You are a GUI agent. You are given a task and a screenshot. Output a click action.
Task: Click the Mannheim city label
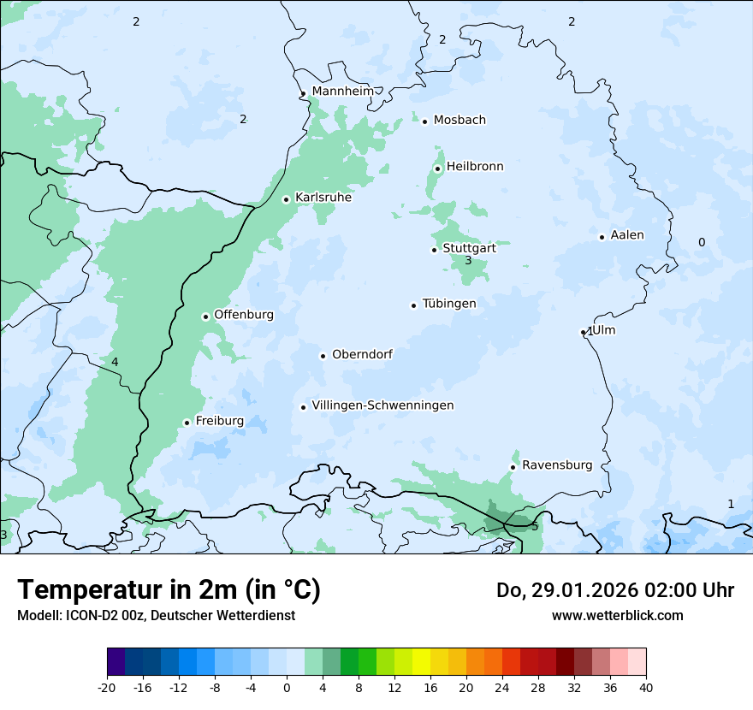pos(342,91)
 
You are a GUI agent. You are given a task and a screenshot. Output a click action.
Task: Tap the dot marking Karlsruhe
pos(287,199)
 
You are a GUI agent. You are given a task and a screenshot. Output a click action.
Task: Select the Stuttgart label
pos(469,248)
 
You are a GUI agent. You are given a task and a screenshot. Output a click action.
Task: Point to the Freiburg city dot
pos(187,423)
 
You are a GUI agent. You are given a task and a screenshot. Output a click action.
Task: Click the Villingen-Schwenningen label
pos(382,405)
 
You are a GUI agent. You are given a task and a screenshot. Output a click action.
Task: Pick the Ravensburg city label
pos(557,465)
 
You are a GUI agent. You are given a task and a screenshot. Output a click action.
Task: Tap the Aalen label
pos(627,235)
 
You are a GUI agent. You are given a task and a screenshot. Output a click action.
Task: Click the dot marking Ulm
pos(584,332)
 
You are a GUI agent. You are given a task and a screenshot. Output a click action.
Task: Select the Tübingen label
pos(449,304)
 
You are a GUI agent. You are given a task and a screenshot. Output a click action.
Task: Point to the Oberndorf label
pos(362,354)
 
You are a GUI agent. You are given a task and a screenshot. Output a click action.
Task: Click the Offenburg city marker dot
pos(205,317)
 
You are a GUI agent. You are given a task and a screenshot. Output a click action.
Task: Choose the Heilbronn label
pos(475,167)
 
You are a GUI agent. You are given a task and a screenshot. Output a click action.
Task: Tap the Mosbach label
pos(460,120)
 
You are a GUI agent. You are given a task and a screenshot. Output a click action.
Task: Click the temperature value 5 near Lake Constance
pos(535,526)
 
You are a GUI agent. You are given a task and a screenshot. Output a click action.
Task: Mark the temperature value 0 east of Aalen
pos(702,242)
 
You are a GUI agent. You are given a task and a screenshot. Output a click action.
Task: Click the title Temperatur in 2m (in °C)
pos(169,589)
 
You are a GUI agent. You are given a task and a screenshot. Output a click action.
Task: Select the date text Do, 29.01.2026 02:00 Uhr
pos(615,590)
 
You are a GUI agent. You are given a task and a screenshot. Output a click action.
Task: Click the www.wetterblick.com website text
pos(618,615)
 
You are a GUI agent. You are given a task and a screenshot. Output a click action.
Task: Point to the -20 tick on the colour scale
pos(107,687)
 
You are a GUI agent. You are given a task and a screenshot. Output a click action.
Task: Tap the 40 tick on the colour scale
pos(646,687)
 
